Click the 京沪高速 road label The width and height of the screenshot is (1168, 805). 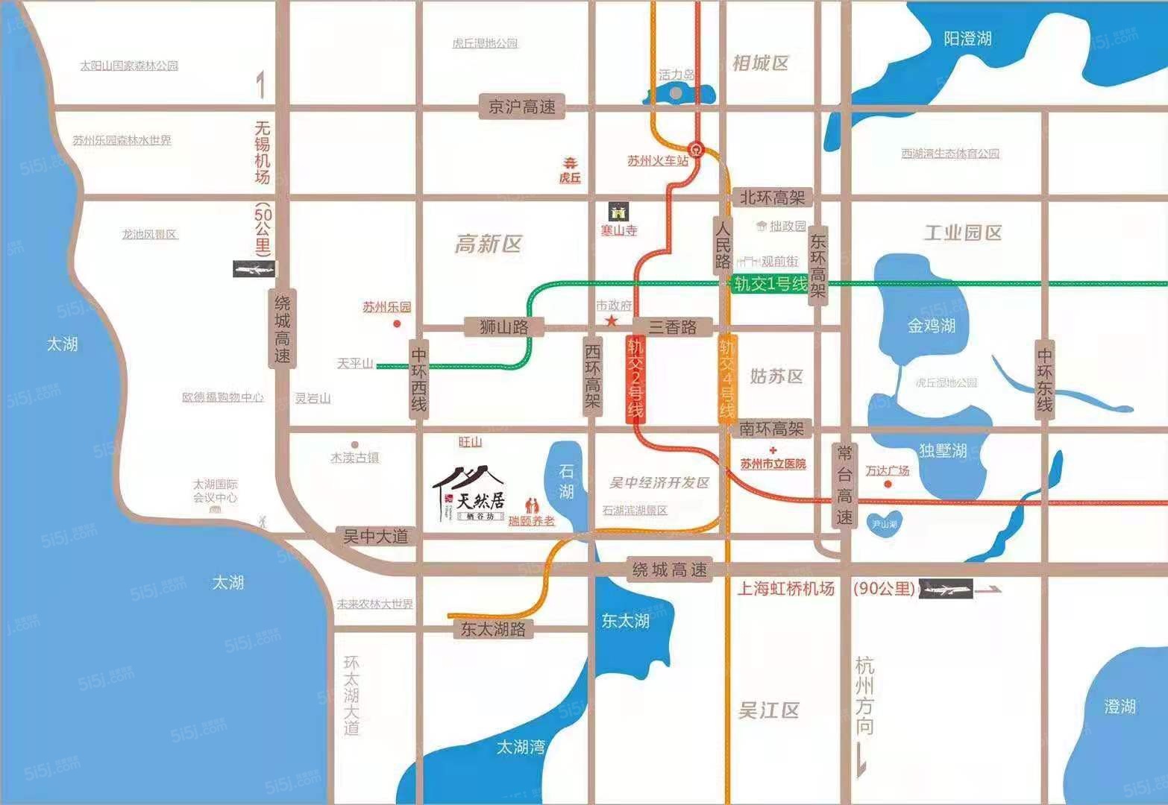(522, 107)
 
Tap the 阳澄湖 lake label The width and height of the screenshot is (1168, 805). (967, 39)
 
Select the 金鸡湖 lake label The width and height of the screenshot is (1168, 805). (932, 326)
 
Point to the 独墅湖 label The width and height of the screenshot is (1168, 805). (943, 451)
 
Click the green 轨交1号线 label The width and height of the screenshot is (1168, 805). (770, 284)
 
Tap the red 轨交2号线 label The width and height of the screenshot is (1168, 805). (635, 379)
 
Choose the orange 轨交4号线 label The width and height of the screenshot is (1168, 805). (727, 379)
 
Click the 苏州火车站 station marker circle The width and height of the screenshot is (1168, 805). (697, 148)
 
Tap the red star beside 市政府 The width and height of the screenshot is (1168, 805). (612, 321)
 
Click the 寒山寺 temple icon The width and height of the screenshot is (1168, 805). (619, 211)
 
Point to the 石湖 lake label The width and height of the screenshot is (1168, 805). (567, 482)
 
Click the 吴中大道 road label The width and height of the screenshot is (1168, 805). (375, 537)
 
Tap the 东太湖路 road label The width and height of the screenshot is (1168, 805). (493, 629)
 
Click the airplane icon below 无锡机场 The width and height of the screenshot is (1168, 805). (254, 269)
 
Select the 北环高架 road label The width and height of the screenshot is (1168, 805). (773, 198)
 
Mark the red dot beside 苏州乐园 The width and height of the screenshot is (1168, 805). (397, 323)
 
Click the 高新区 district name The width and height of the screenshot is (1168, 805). (489, 244)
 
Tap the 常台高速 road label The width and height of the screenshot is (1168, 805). (844, 484)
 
